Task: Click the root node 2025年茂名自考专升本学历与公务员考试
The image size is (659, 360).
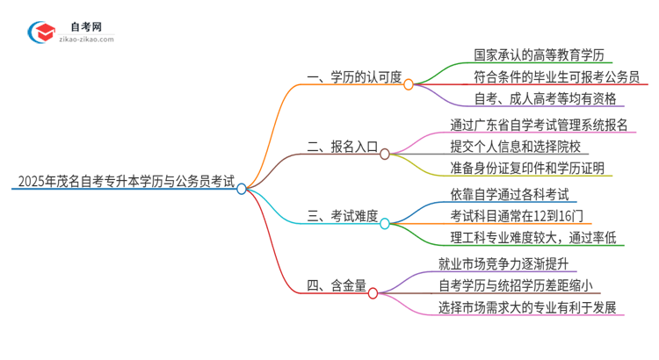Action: point(124,183)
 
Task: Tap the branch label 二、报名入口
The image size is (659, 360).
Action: point(344,151)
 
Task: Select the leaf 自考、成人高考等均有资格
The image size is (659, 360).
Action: point(532,98)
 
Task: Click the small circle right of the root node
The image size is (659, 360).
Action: point(243,188)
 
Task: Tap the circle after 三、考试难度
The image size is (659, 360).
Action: point(384,224)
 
